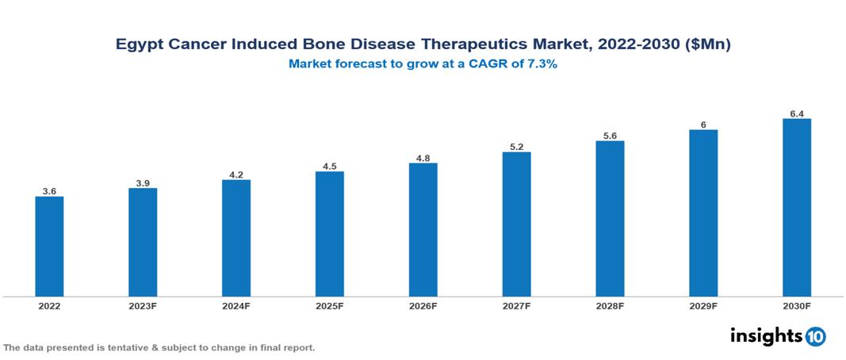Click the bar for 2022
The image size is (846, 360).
(x=49, y=247)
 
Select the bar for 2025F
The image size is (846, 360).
(x=329, y=234)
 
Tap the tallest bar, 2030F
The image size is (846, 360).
(x=797, y=208)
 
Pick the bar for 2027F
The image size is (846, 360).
(x=516, y=224)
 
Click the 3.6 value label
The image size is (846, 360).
(x=49, y=191)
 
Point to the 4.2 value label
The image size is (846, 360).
(x=236, y=174)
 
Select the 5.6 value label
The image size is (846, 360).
(x=610, y=136)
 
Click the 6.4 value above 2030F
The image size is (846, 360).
(x=797, y=113)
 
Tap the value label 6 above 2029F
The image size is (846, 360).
(x=703, y=124)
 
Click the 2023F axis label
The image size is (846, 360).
(x=143, y=306)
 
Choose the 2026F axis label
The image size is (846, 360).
(x=423, y=306)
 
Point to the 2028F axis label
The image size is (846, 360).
(x=610, y=306)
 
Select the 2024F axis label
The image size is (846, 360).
(x=236, y=306)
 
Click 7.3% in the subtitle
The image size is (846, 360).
(x=542, y=65)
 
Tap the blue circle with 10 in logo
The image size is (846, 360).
(x=816, y=337)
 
